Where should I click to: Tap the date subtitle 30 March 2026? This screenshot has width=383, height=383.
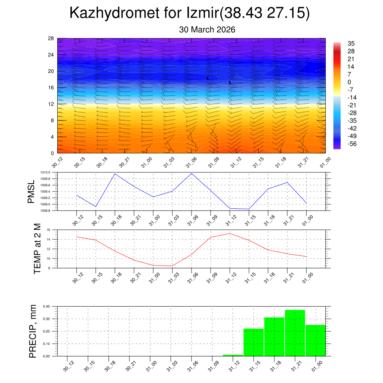[207, 30]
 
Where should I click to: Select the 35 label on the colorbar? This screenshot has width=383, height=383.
[351, 43]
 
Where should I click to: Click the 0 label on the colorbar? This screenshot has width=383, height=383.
[349, 82]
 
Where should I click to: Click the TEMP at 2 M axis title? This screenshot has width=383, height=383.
[37, 249]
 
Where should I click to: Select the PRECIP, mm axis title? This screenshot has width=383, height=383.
[33, 331]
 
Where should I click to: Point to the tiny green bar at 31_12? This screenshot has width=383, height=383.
[233, 355]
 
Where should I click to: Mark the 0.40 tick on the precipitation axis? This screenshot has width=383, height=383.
[46, 306]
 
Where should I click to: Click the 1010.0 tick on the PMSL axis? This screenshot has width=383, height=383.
[45, 172]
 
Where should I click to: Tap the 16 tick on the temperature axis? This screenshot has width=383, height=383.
[48, 230]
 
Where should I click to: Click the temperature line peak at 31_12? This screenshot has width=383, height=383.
[229, 233]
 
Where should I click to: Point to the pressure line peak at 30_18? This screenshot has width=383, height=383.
[115, 174]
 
